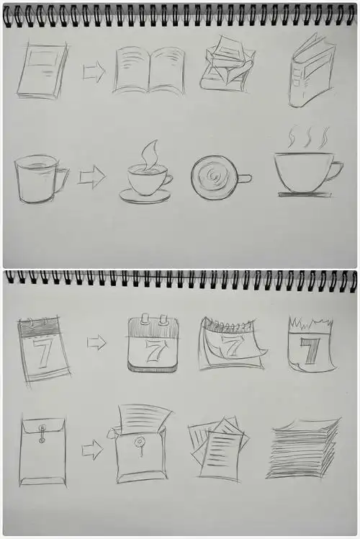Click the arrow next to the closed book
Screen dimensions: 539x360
coord(94,71)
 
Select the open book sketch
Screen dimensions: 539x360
coord(150,70)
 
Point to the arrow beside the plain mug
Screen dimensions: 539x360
coord(91,177)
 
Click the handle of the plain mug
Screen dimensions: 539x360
coord(63,178)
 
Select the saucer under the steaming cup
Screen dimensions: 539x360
coord(145,196)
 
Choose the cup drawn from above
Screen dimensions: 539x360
coord(215,177)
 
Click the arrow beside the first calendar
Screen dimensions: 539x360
coord(96,342)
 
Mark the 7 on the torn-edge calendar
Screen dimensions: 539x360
coord(310,352)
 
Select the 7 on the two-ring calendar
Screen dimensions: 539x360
coord(153,351)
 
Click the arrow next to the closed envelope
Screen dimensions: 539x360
coord(92,451)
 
